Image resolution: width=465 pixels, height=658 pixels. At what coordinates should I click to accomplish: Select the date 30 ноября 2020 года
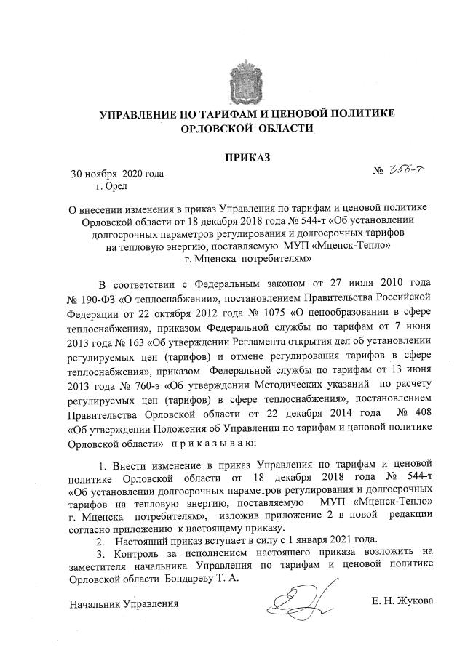click(116, 174)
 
